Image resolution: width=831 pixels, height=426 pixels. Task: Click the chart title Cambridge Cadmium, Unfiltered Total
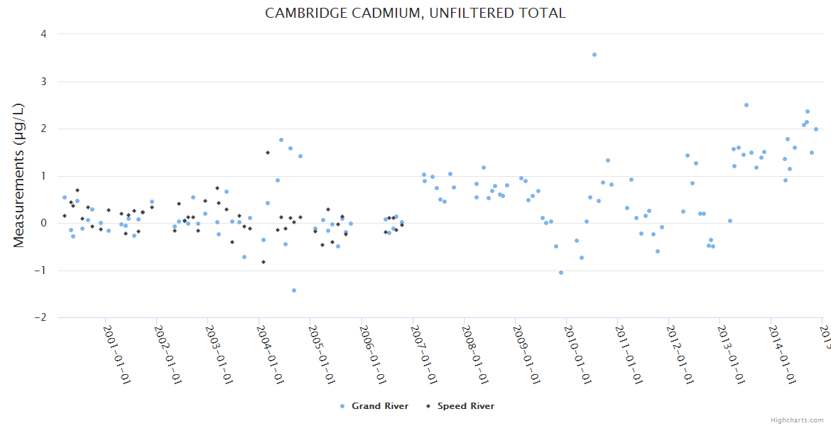tap(415, 13)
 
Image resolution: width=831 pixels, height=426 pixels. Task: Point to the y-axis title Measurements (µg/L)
tap(19, 175)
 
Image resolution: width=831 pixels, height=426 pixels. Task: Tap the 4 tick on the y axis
tap(44, 34)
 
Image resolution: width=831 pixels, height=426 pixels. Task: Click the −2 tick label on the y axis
tap(41, 317)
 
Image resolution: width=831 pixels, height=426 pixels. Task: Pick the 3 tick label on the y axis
tap(44, 82)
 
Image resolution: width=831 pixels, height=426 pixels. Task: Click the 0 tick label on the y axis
tap(44, 223)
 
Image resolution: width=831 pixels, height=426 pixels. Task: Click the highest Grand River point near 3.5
tap(594, 55)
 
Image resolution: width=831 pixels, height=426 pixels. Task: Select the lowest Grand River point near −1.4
tap(294, 290)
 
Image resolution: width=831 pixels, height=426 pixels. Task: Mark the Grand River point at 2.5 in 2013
tap(746, 105)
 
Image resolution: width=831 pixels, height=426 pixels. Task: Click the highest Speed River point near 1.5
tap(268, 153)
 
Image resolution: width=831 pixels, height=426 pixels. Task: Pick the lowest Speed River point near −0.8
tap(264, 262)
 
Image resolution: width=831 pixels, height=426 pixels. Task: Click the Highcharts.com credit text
tap(798, 420)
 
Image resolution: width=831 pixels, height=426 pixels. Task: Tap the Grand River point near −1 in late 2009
tap(561, 273)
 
